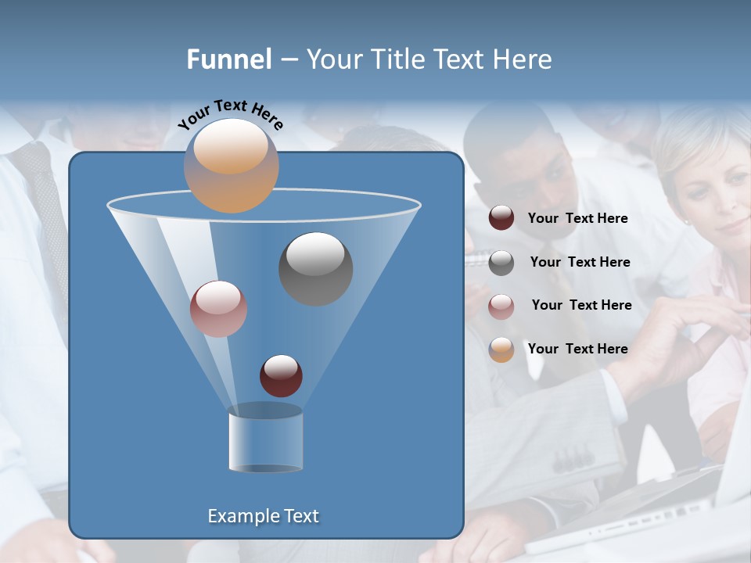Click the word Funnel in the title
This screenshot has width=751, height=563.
tap(229, 59)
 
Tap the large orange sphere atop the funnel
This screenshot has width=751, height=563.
tap(231, 165)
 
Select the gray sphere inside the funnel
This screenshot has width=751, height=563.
tap(315, 268)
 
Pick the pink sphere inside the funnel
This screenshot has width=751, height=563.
tap(218, 308)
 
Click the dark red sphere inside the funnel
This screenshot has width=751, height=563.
tap(281, 375)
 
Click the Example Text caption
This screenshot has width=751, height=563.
tap(263, 516)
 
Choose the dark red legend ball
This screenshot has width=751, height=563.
tap(501, 218)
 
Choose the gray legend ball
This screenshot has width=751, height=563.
tap(501, 263)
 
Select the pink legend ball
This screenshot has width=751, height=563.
tap(501, 306)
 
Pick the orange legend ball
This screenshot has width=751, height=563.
tap(501, 350)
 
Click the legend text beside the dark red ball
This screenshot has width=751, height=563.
tap(577, 218)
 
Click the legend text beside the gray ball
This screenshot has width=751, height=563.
tap(580, 262)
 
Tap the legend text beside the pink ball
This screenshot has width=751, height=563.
tap(581, 305)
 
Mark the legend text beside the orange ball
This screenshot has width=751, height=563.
tap(577, 349)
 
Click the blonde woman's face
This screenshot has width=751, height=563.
tap(713, 195)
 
